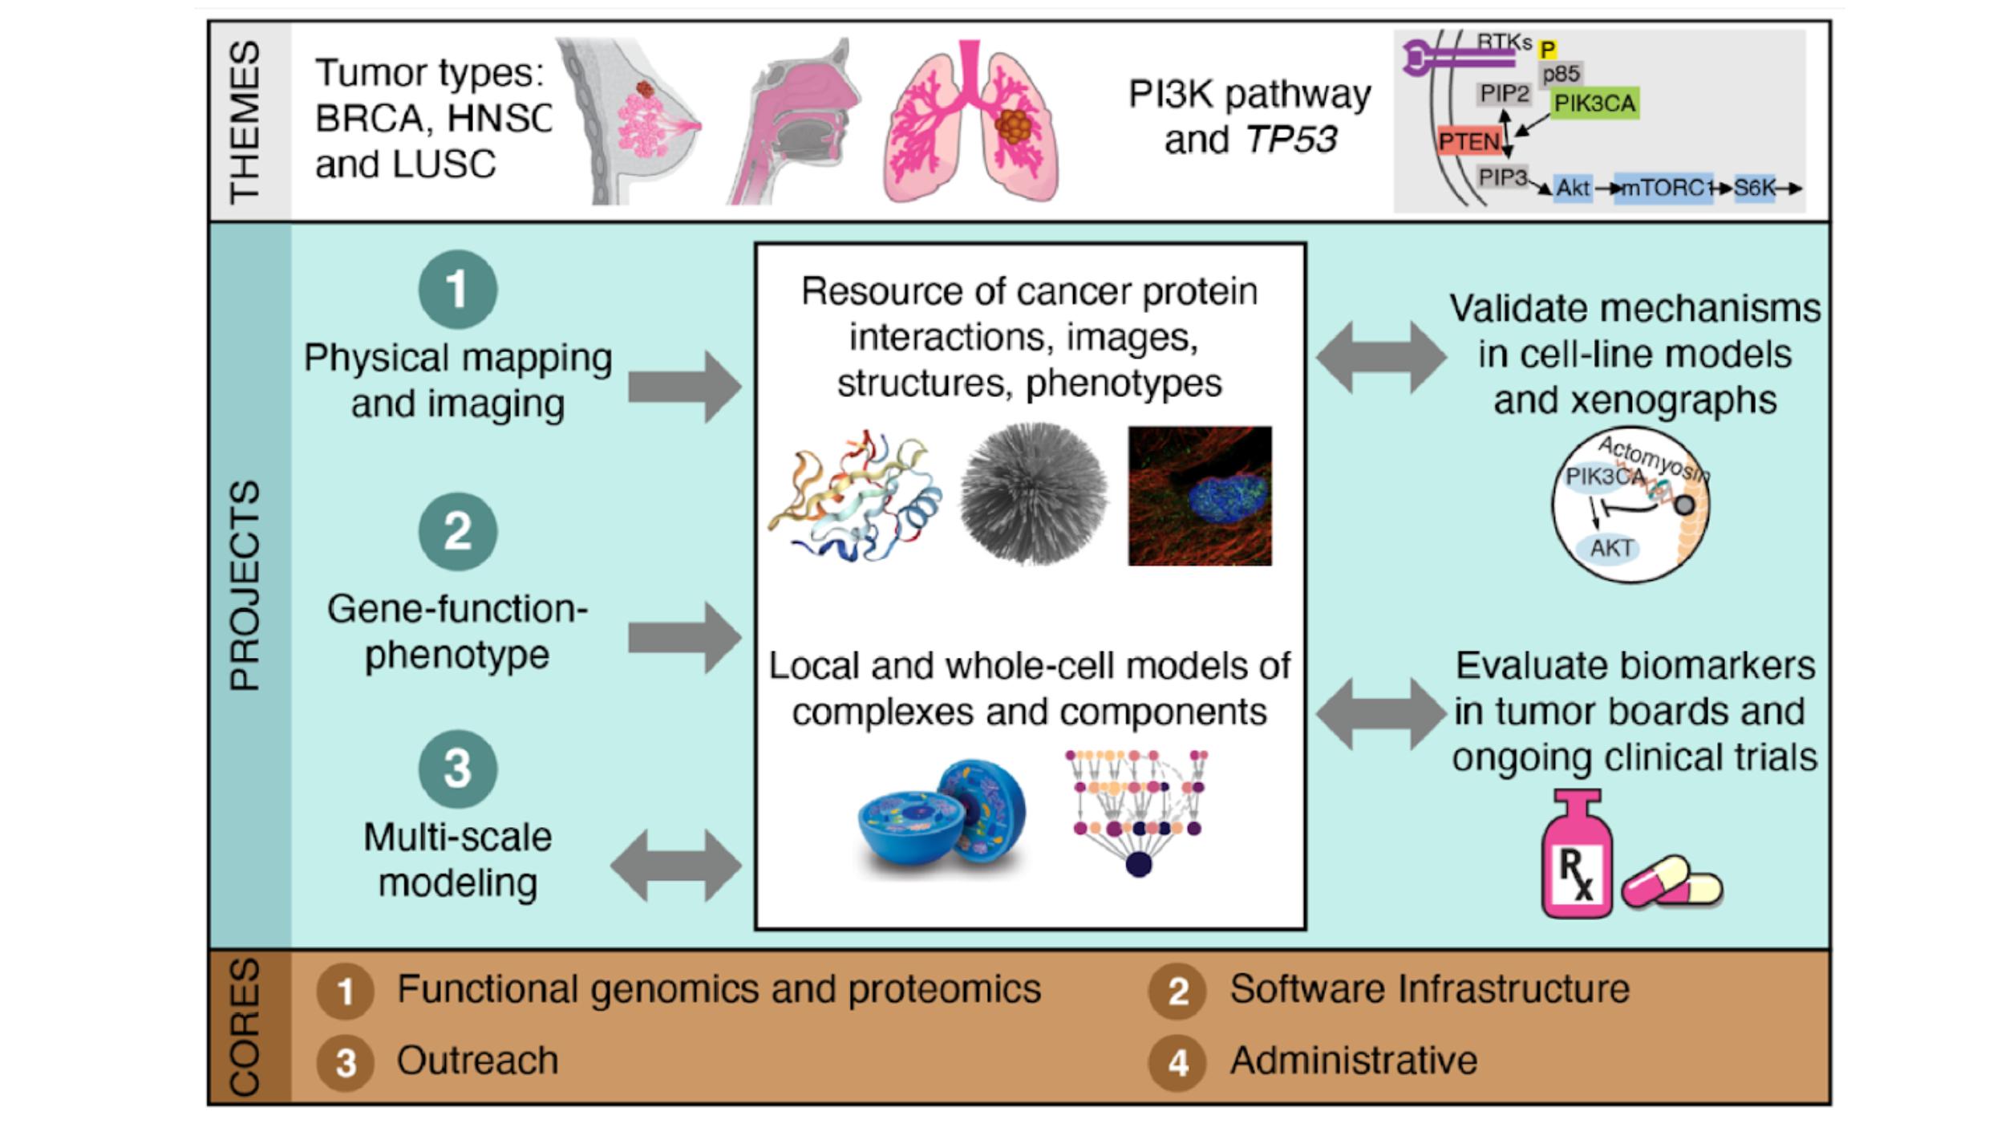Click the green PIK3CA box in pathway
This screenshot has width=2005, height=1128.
[1594, 103]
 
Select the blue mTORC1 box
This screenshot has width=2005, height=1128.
[1663, 188]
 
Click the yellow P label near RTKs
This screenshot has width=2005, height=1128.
[1547, 50]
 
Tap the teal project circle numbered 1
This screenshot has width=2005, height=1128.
[457, 289]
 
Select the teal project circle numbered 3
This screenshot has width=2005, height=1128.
[457, 768]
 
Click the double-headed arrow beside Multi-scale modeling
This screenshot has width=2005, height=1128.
[675, 866]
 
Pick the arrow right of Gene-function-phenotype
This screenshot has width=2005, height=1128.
[683, 638]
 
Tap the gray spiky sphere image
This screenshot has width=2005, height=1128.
[1033, 494]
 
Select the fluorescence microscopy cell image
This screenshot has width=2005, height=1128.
[1199, 496]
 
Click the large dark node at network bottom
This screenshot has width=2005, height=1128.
[1138, 864]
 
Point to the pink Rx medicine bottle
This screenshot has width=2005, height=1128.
[1576, 858]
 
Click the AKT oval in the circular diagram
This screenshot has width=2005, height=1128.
[1611, 548]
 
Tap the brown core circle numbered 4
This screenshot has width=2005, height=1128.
[1177, 1062]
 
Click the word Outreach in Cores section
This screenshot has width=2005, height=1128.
[477, 1061]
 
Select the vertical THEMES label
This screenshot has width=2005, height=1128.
[245, 120]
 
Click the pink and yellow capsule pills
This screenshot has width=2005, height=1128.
[1672, 883]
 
